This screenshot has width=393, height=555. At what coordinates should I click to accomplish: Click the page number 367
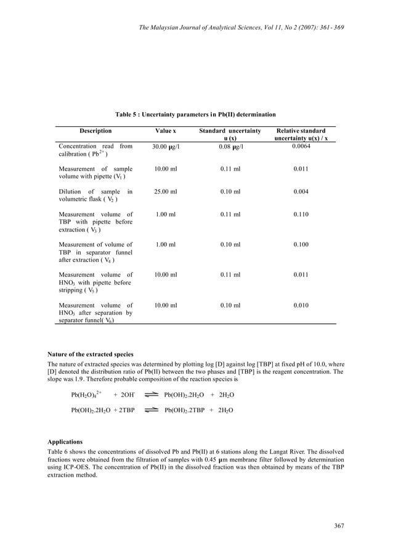click(x=339, y=525)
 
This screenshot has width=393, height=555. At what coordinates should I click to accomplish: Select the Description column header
click(x=95, y=131)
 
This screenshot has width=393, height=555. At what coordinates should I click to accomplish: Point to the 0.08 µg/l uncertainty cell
click(x=230, y=147)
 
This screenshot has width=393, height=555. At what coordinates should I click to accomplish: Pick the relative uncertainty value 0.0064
click(x=301, y=147)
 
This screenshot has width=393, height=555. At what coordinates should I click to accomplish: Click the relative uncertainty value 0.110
click(x=301, y=214)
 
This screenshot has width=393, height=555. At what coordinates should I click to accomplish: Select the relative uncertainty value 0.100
click(x=301, y=245)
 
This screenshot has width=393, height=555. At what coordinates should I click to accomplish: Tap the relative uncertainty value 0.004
click(x=301, y=192)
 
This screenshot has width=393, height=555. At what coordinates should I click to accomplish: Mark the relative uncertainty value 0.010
click(x=301, y=305)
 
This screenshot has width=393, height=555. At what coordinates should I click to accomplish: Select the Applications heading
click(x=65, y=442)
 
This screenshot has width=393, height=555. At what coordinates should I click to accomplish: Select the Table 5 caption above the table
click(x=195, y=115)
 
